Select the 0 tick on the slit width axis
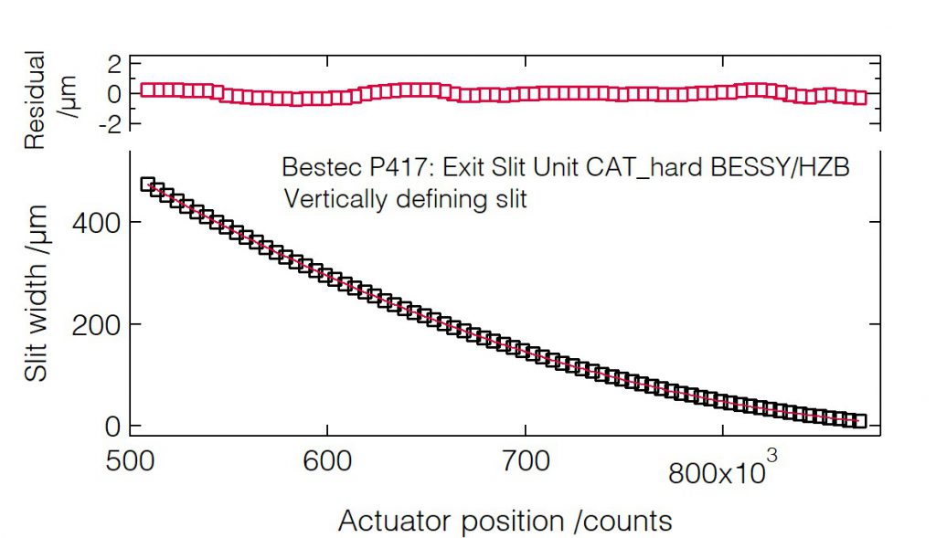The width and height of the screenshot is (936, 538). pyautogui.click(x=112, y=427)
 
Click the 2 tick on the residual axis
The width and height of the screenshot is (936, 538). pyautogui.click(x=114, y=64)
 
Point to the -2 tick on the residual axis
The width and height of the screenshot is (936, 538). pyautogui.click(x=109, y=123)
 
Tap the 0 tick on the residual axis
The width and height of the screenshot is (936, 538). pyautogui.click(x=114, y=93)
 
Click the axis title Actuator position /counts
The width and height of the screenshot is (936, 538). pyautogui.click(x=505, y=521)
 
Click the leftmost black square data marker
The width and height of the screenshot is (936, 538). pyautogui.click(x=147, y=185)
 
